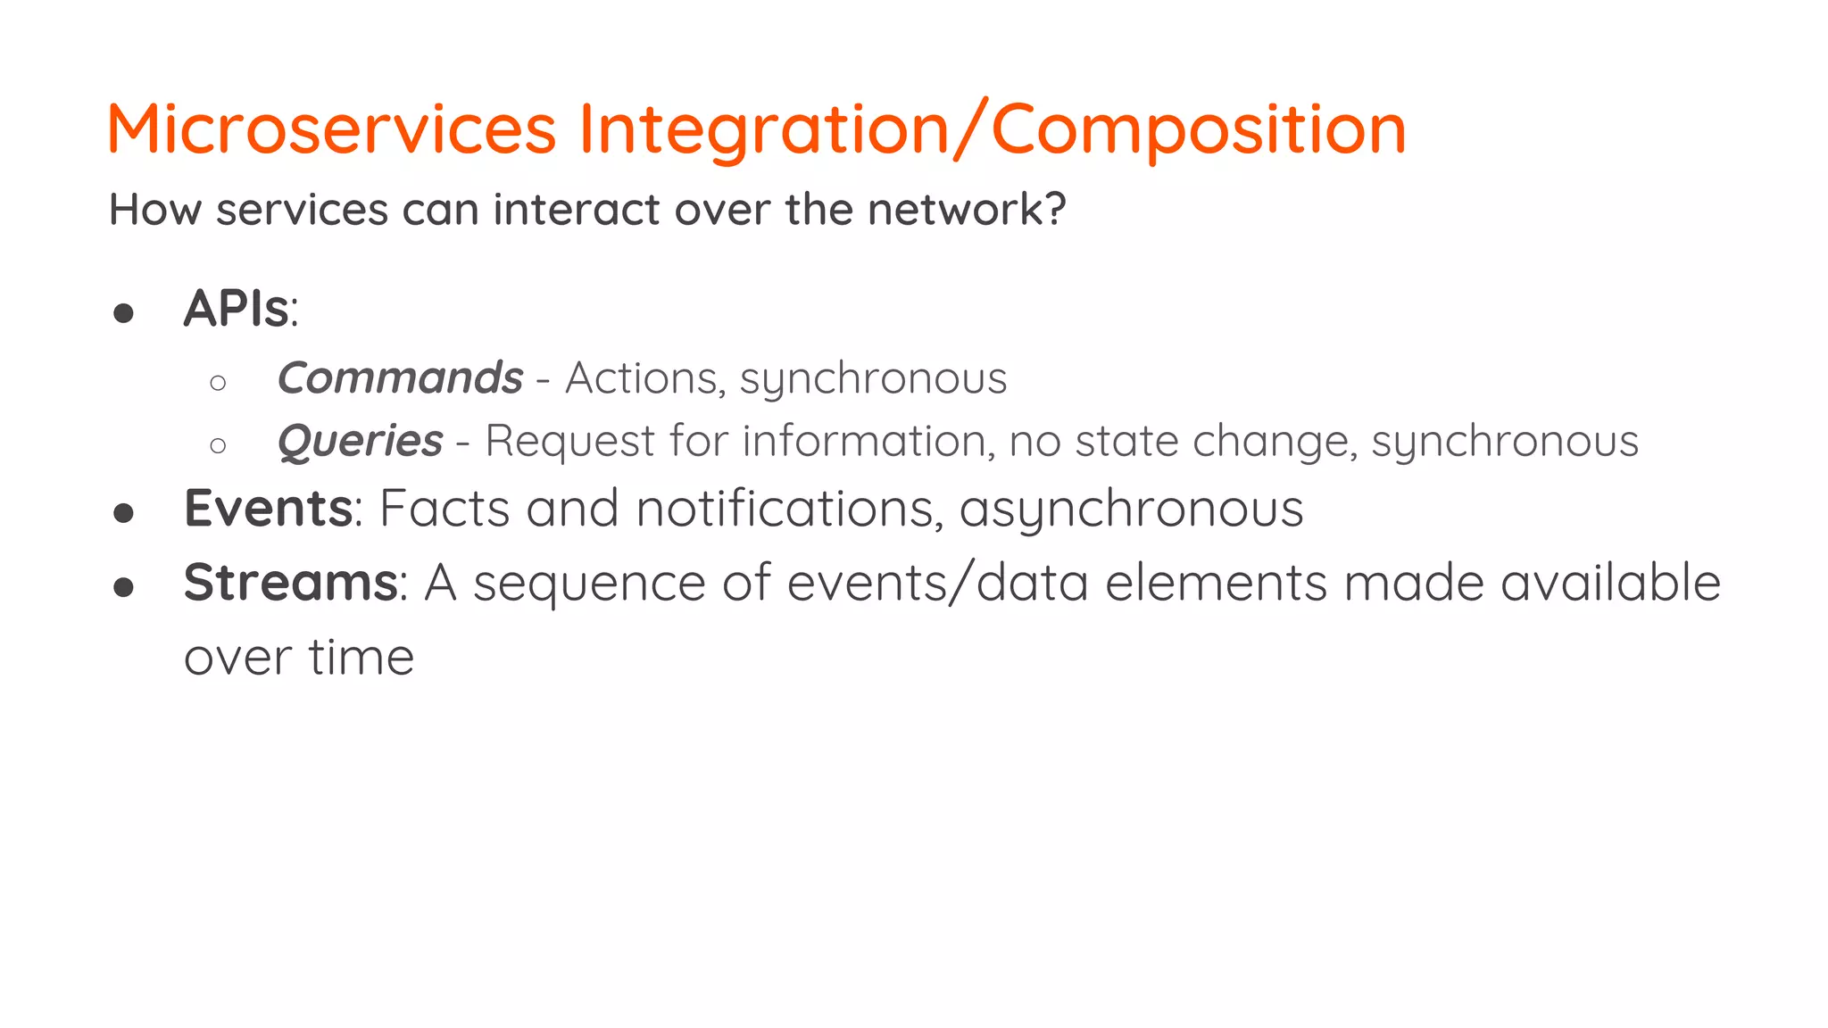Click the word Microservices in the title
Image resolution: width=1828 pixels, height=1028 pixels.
tap(331, 130)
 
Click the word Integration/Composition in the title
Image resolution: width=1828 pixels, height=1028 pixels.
tap(992, 130)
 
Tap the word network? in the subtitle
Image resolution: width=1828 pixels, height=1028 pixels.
tap(967, 210)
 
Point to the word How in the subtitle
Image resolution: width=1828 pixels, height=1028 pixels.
tap(154, 210)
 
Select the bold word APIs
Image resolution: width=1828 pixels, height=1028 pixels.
tap(237, 309)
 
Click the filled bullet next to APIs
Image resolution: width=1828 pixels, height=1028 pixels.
tap(124, 313)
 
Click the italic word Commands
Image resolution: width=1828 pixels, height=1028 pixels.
tap(400, 377)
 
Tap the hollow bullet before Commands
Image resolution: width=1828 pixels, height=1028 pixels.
tap(218, 384)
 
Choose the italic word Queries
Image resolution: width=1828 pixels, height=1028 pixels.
tap(360, 441)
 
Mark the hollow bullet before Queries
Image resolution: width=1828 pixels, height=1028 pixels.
tap(218, 446)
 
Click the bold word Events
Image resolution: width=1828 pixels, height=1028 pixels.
tap(269, 509)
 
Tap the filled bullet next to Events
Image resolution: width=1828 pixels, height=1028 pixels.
tap(124, 513)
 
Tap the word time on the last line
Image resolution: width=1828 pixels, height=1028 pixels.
tap(361, 658)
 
